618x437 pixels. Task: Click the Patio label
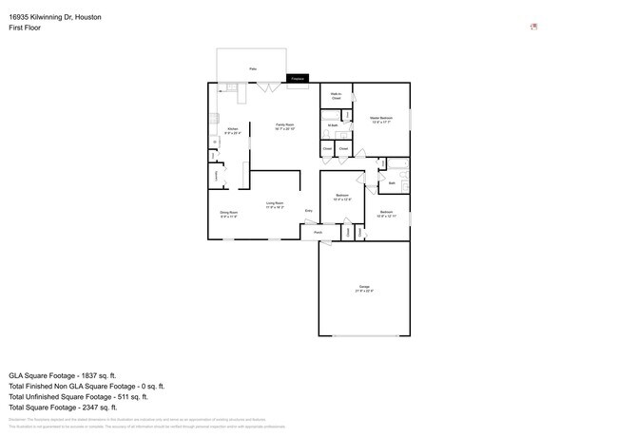tap(252, 69)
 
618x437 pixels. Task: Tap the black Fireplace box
tap(298, 78)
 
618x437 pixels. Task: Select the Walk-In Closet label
tap(337, 96)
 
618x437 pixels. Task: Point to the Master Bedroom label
tap(381, 120)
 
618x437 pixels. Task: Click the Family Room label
tap(284, 126)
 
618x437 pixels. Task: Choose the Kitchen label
tap(233, 131)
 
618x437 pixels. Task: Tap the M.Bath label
tap(332, 125)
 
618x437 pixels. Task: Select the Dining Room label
tap(229, 214)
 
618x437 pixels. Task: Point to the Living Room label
tap(275, 204)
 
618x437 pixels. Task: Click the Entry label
tap(308, 210)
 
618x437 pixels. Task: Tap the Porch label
tap(318, 232)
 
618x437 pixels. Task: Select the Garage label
tap(364, 288)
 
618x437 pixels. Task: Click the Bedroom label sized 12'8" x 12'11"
tap(387, 213)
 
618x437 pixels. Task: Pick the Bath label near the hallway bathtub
tap(392, 182)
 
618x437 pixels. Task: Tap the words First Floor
tap(26, 28)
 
